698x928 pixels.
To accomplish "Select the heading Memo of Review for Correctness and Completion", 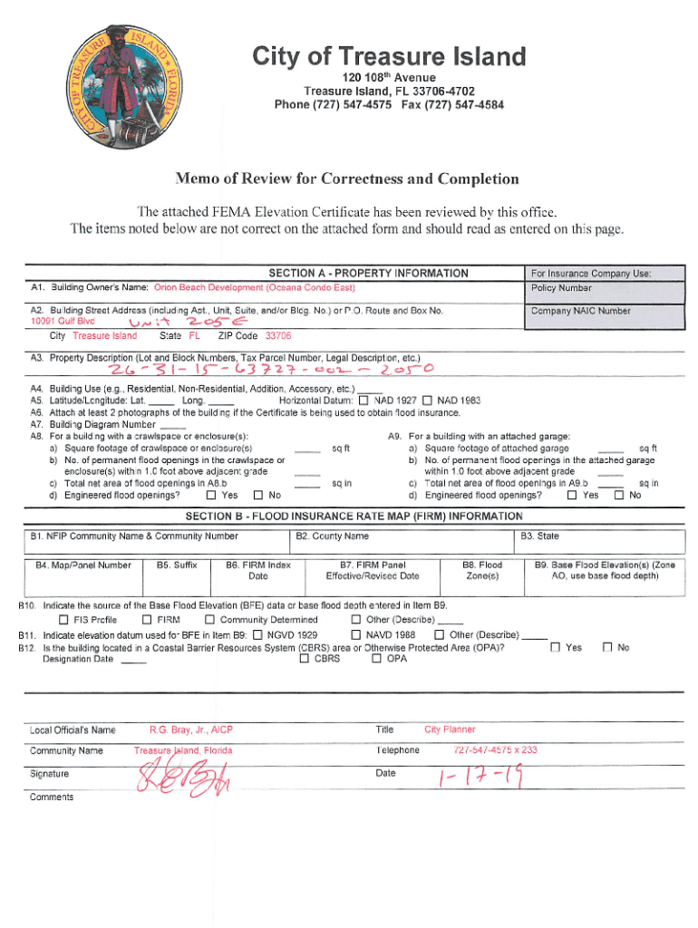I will pyautogui.click(x=348, y=179).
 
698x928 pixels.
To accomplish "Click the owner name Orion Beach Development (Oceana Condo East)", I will pyautogui.click(x=255, y=288).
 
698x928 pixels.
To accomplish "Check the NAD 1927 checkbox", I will pyautogui.click(x=364, y=401).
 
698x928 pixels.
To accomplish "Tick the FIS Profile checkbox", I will pyautogui.click(x=63, y=620).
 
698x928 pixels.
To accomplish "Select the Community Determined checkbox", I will pyautogui.click(x=209, y=620).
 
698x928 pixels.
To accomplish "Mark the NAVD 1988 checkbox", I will pyautogui.click(x=356, y=634).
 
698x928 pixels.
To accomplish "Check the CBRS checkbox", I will pyautogui.click(x=305, y=659).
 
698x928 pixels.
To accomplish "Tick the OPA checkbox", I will pyautogui.click(x=377, y=659).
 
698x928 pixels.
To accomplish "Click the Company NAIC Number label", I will pyautogui.click(x=580, y=311).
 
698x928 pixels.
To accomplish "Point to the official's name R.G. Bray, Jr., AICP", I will pyautogui.click(x=191, y=730).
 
